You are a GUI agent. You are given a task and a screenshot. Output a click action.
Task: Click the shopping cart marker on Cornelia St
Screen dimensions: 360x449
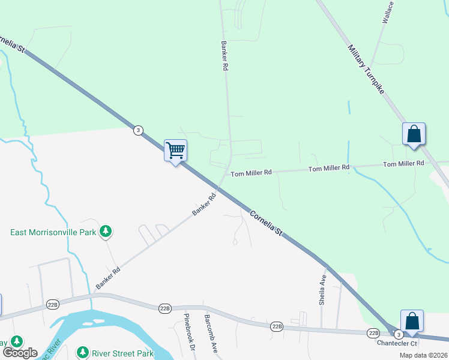coord(175,150)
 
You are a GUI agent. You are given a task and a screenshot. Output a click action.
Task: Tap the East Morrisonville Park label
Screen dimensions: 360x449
coord(53,232)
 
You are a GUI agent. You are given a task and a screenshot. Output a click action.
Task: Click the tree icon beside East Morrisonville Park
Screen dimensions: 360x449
coord(106,231)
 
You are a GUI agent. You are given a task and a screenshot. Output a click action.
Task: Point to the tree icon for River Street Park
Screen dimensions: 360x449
coord(82,352)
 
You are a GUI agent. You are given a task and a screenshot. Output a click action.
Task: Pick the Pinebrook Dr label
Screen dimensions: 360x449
coord(189,332)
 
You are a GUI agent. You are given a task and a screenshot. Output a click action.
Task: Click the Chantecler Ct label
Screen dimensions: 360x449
coord(396,343)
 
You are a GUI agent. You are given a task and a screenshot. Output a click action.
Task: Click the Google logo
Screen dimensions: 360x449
coord(19,352)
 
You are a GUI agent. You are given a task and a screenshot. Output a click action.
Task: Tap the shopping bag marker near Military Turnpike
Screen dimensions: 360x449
coord(414,134)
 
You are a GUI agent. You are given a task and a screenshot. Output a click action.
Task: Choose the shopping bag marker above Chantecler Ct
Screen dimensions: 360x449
coord(412,321)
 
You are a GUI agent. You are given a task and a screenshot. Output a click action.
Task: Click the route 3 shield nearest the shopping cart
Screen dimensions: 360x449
coord(139,130)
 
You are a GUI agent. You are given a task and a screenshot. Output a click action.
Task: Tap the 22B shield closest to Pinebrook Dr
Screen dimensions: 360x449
coord(166,308)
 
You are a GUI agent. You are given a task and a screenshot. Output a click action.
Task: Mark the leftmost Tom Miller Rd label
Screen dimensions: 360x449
coord(252,172)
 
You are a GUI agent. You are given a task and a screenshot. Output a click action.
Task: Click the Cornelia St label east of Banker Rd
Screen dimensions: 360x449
coord(265,221)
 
